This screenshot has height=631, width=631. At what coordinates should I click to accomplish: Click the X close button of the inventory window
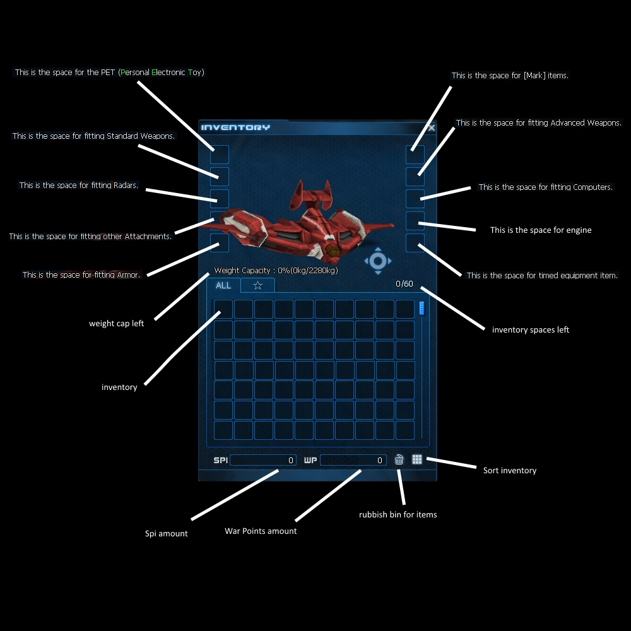(432, 128)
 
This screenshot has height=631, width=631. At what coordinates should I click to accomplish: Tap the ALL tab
(223, 285)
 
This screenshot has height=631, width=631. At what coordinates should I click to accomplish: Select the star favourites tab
(257, 285)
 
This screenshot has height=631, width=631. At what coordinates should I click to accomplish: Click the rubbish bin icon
(399, 459)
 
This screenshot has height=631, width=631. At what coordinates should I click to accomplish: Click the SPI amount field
(263, 460)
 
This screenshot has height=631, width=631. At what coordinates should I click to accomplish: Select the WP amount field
(353, 460)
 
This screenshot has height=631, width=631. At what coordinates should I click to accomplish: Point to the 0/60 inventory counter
(404, 284)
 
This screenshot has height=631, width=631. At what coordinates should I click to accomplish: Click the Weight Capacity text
(276, 271)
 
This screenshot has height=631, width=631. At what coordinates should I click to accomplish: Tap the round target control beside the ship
(378, 261)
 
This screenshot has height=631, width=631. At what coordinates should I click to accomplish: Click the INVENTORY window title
(235, 127)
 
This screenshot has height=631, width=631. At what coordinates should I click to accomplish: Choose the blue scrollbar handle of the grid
(422, 309)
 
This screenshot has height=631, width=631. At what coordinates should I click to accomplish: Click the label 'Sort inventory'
(509, 471)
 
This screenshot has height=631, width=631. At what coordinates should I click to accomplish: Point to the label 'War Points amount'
(261, 531)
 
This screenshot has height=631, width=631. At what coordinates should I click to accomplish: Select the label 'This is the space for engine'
(541, 230)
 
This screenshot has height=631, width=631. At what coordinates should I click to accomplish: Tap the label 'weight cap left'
(116, 324)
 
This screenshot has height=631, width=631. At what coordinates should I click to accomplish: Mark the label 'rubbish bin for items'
(398, 514)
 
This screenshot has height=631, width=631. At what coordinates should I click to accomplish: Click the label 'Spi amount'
(166, 534)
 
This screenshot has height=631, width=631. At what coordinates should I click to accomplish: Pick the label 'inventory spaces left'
(531, 330)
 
